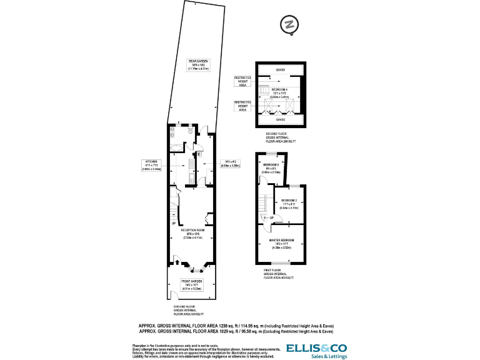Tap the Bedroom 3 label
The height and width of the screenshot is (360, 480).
click(271, 168)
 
